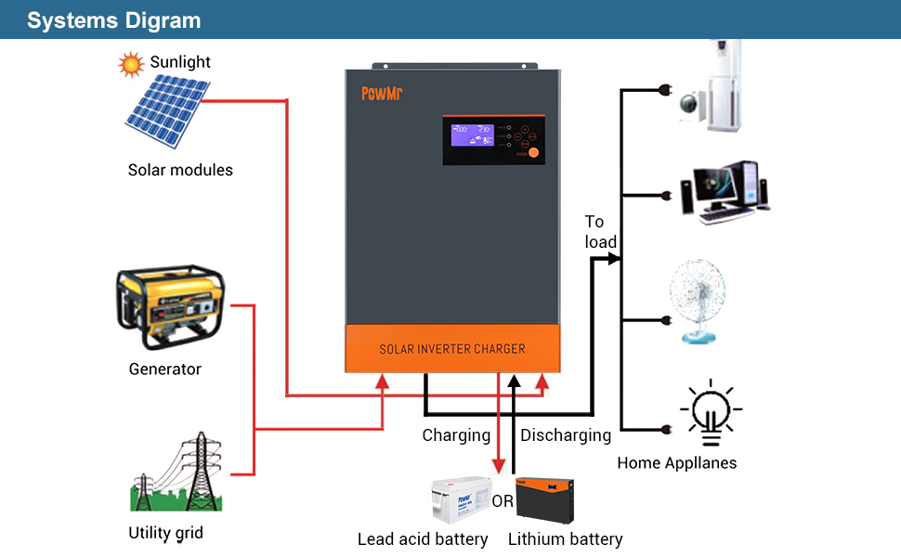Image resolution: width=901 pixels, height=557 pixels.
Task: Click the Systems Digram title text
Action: [113, 20]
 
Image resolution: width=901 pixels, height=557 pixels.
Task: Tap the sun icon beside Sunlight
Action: [131, 64]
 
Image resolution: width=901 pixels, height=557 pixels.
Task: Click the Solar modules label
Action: [180, 170]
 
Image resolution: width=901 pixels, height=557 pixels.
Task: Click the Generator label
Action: [164, 369]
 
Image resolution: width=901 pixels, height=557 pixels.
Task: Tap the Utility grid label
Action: [165, 533]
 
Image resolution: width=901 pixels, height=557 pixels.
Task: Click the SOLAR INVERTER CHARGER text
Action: [452, 349]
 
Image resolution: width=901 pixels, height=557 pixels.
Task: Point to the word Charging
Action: [456, 435]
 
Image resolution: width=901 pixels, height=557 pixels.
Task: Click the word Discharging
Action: [566, 435]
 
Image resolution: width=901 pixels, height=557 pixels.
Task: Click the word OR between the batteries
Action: [503, 501]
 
